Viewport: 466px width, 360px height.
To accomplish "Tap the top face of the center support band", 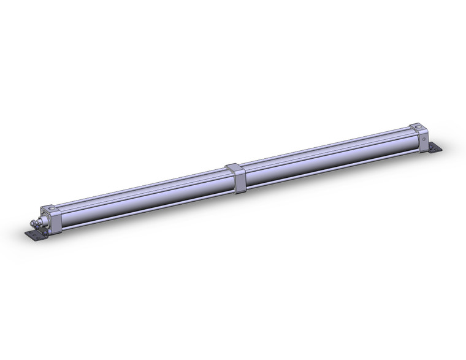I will coord(234,166).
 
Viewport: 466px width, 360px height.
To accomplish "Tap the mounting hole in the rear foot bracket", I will coord(437,150).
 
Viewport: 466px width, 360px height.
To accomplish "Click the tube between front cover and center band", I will coord(141,197).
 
